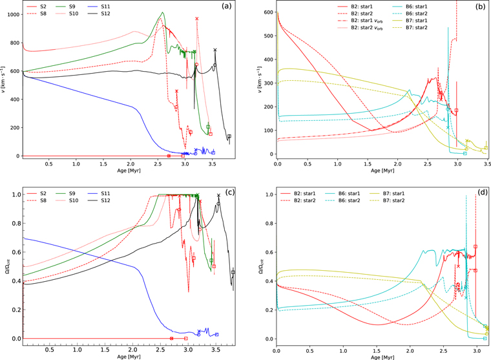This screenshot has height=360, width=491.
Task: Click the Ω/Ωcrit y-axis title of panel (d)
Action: tap(255, 265)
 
